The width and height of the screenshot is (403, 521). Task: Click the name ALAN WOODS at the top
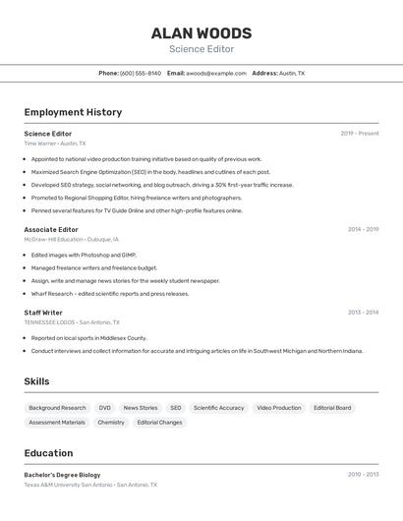coord(201,32)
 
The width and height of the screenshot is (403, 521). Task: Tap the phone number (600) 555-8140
coord(141,73)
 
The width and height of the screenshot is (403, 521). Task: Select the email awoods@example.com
coord(216,73)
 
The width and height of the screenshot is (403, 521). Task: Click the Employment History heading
coord(73,112)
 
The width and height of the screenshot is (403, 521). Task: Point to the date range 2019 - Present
coord(360,134)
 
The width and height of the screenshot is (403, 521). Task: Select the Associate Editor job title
coord(51,229)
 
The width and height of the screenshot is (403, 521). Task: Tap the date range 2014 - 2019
coord(363,229)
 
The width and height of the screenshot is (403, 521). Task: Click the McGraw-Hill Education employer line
coord(71,239)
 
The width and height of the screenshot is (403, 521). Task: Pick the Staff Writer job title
coord(43,313)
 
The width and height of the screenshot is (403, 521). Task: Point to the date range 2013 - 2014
coord(363,313)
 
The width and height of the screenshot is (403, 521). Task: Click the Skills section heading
coord(36,381)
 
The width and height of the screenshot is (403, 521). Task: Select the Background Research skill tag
coord(57,408)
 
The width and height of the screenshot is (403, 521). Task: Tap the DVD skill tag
coord(104,408)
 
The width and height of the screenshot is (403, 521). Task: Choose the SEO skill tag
coord(175,408)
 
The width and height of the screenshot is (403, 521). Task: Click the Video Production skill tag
coord(279,408)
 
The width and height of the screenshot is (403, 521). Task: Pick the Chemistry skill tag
coord(111,423)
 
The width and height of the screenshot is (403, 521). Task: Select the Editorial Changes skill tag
coord(159,423)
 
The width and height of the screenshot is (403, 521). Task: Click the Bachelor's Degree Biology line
coord(62,475)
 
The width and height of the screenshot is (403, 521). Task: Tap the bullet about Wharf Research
coord(109,293)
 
